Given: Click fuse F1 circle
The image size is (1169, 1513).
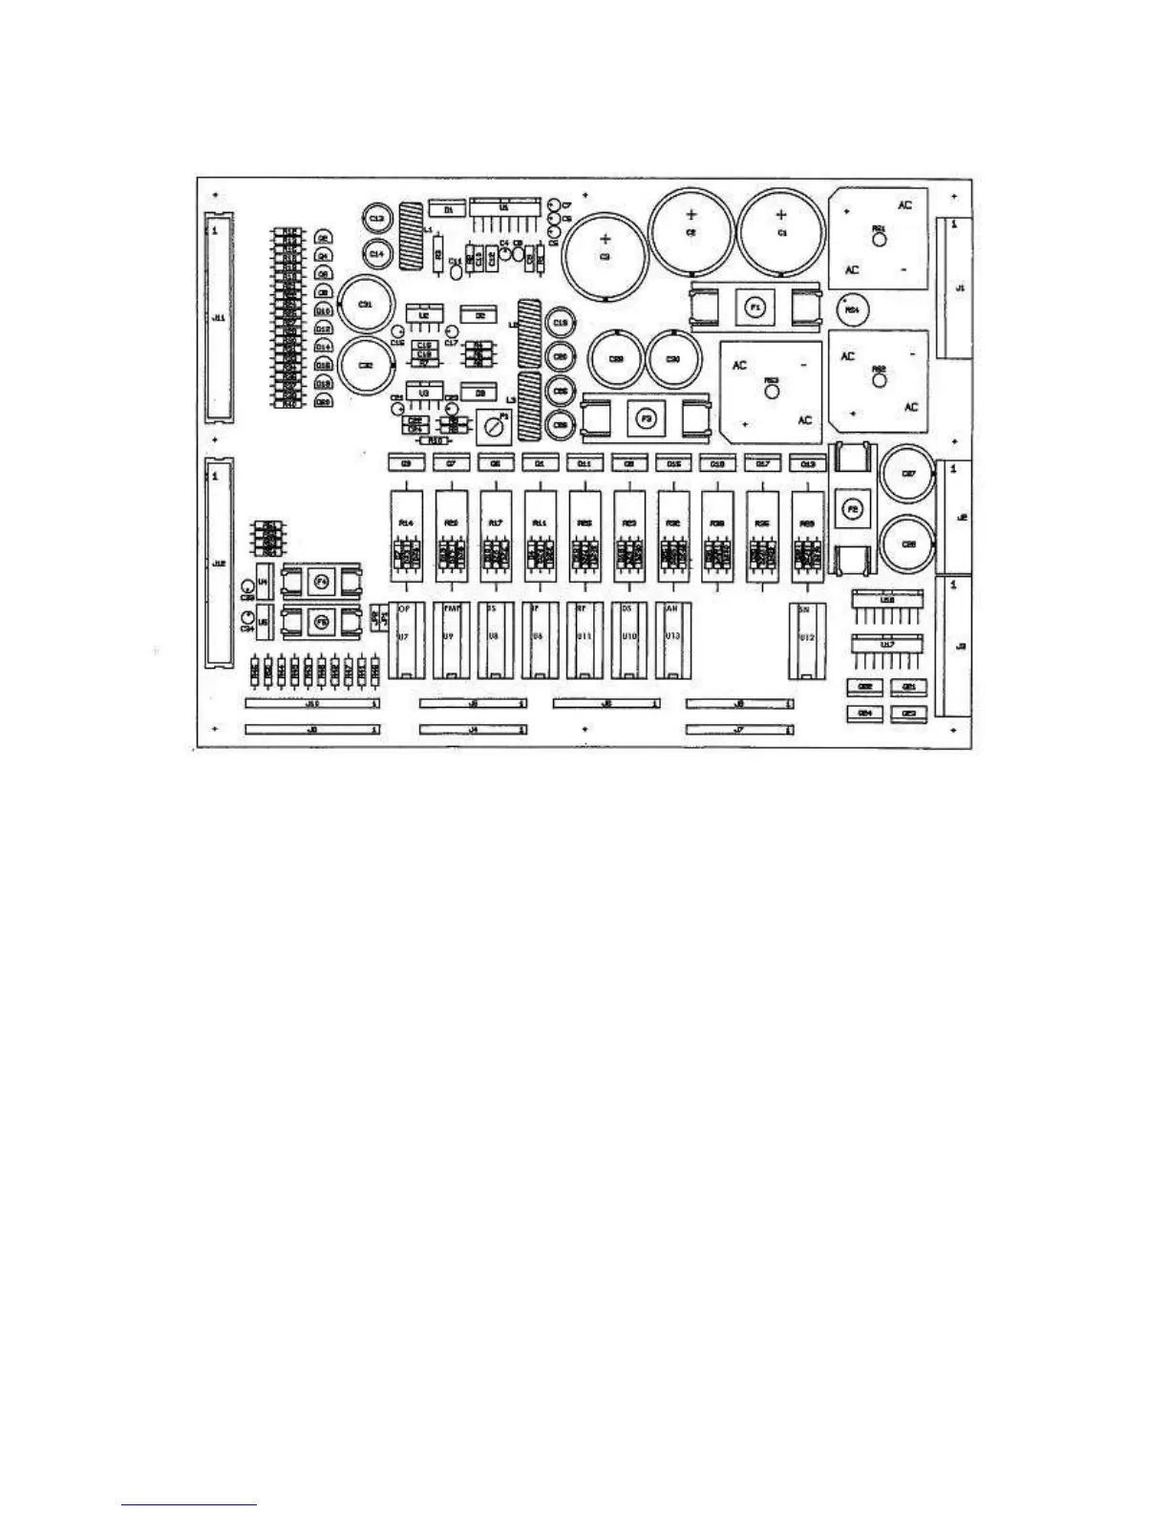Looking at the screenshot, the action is pyautogui.click(x=755, y=308).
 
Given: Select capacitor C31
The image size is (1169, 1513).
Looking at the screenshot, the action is pyautogui.click(x=364, y=304).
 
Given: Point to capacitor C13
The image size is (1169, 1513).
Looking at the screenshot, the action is pyautogui.click(x=376, y=220).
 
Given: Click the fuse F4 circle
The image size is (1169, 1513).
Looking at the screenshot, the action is pyautogui.click(x=322, y=581).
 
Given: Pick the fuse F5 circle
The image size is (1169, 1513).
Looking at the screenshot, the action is pyautogui.click(x=322, y=622).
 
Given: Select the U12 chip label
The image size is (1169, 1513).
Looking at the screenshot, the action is pyautogui.click(x=806, y=637).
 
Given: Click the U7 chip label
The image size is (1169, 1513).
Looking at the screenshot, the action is pyautogui.click(x=403, y=636).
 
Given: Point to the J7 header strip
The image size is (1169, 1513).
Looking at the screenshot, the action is pyautogui.click(x=740, y=730).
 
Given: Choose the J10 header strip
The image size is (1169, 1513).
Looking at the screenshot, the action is pyautogui.click(x=311, y=704).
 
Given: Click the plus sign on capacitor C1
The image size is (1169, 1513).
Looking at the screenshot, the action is pyautogui.click(x=781, y=215).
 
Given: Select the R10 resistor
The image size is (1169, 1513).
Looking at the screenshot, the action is pyautogui.click(x=435, y=440).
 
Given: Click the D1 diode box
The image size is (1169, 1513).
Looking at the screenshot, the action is pyautogui.click(x=447, y=207).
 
